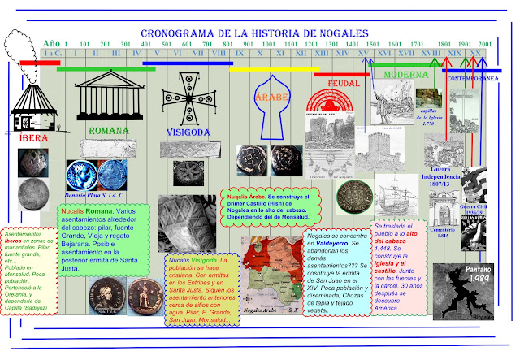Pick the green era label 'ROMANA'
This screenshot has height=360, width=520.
click(107, 130)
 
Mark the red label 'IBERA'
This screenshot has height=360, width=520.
click(32, 138)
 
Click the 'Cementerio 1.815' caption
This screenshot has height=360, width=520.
click(440, 233)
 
